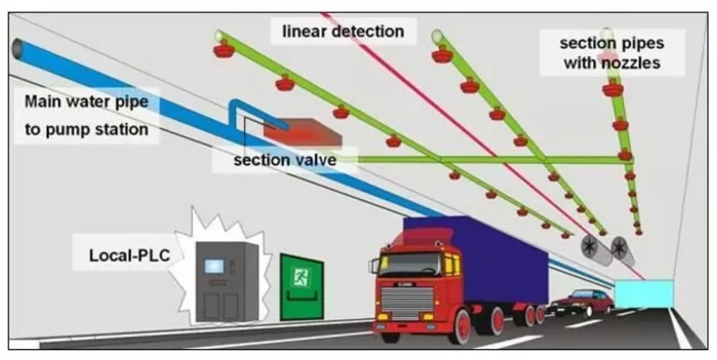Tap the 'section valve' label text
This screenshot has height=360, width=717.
tap(285, 159)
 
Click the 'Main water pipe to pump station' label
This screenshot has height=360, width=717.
tap(86, 115)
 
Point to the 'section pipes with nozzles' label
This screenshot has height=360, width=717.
tap(612, 52)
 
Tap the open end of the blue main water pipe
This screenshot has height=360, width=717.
tap(18, 51)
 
